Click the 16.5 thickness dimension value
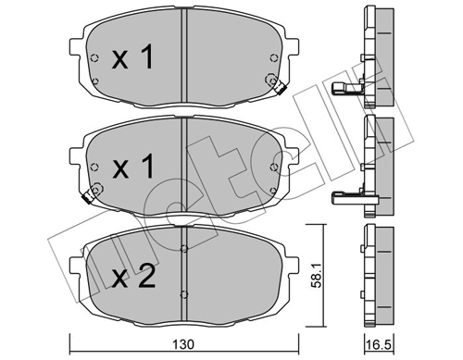click(x=379, y=344)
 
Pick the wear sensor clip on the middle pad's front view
click(x=91, y=194)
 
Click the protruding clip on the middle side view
click(x=349, y=195)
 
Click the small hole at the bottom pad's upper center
click(x=186, y=247)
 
